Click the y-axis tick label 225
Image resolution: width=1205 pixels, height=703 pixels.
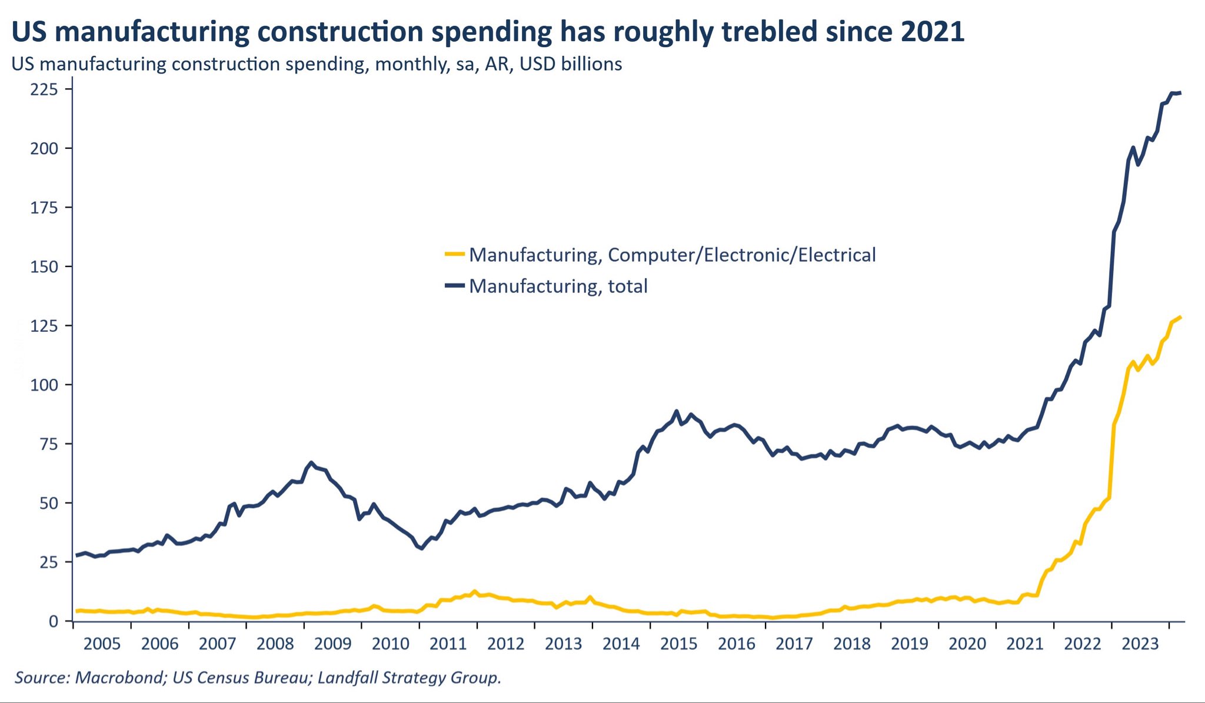[x=44, y=89]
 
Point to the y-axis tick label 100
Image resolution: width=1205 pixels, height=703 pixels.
[x=44, y=385]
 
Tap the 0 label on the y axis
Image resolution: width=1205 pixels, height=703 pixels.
[x=53, y=622]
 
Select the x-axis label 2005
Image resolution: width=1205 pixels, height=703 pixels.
[x=102, y=644]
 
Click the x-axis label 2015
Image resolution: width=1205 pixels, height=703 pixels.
[x=678, y=644]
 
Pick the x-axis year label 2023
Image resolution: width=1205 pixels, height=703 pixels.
[x=1140, y=644]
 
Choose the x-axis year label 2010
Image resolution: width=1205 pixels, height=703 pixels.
[x=390, y=644]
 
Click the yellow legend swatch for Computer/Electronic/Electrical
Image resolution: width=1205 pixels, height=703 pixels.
[x=454, y=254]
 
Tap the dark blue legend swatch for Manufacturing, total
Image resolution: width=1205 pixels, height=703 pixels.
[x=454, y=285]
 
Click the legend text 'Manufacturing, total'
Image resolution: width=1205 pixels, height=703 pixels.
[x=558, y=286]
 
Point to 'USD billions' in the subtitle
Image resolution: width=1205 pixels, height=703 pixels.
[x=570, y=64]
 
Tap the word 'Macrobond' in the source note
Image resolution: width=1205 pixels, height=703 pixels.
[x=120, y=678]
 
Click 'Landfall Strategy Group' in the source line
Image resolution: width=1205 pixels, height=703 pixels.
[x=408, y=678]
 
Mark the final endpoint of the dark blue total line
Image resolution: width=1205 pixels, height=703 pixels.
[x=1180, y=93]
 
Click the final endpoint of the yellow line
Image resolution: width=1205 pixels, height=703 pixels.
[x=1180, y=318]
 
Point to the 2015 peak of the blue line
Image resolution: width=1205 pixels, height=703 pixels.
[x=676, y=411]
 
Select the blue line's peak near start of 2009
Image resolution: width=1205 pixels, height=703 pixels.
[x=311, y=463]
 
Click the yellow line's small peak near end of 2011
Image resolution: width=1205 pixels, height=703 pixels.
[x=475, y=591]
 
